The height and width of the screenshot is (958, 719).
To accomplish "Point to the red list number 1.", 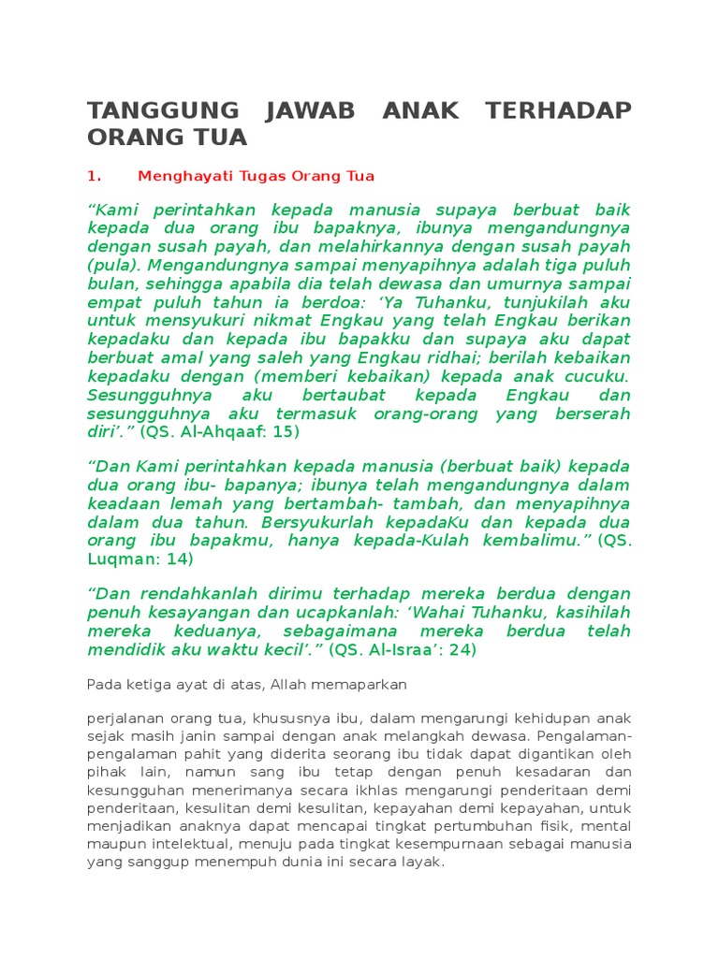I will click(93, 176).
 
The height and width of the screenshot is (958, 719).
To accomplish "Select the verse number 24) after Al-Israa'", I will click(461, 650).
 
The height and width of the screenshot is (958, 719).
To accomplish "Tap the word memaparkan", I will click(361, 685).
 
